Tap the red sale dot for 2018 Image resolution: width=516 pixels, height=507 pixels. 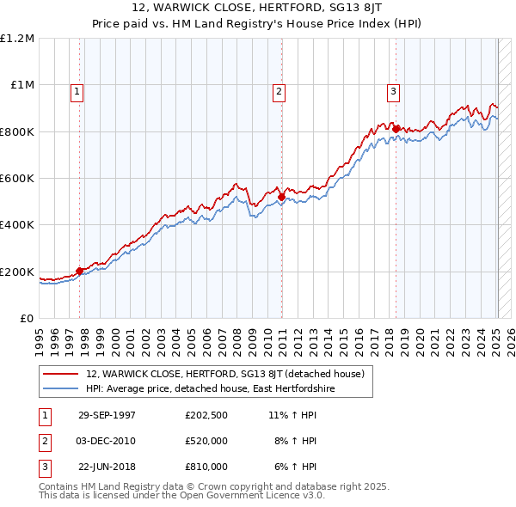click(x=396, y=130)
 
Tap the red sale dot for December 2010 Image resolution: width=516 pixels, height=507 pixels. click(x=281, y=197)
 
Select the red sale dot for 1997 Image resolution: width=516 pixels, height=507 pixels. click(x=80, y=271)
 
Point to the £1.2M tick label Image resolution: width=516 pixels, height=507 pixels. click(x=17, y=39)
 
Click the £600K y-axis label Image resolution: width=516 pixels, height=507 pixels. click(x=17, y=179)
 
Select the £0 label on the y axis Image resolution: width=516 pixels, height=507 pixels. click(x=28, y=319)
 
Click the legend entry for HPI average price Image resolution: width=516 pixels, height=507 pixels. click(x=210, y=389)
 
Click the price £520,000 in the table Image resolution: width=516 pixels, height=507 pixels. click(x=206, y=441)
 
